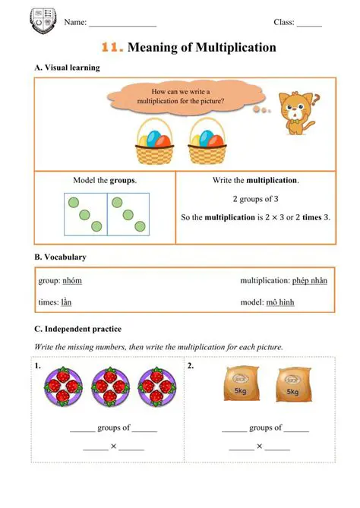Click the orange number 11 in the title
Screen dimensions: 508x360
[x=112, y=48]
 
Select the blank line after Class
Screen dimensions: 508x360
[x=309, y=24]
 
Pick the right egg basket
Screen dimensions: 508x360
[x=205, y=141]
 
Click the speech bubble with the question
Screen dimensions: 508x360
[x=180, y=96]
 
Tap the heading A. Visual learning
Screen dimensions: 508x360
[x=67, y=68]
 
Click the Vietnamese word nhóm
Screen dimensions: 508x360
[x=72, y=281]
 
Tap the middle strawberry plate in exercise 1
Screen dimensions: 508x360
[x=108, y=388]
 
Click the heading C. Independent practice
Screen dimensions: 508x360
[x=77, y=329]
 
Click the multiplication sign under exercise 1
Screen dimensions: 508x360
[x=113, y=447]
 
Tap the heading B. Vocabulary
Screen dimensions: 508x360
[x=60, y=257]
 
